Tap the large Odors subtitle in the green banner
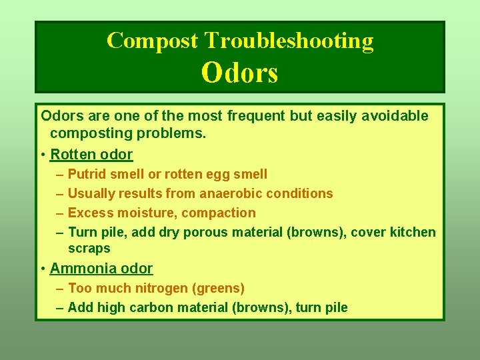[239, 73]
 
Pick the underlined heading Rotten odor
[91, 155]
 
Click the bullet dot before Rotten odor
[43, 155]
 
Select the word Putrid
[88, 174]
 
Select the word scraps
[89, 248]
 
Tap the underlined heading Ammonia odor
[101, 269]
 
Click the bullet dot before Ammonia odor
[43, 269]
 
